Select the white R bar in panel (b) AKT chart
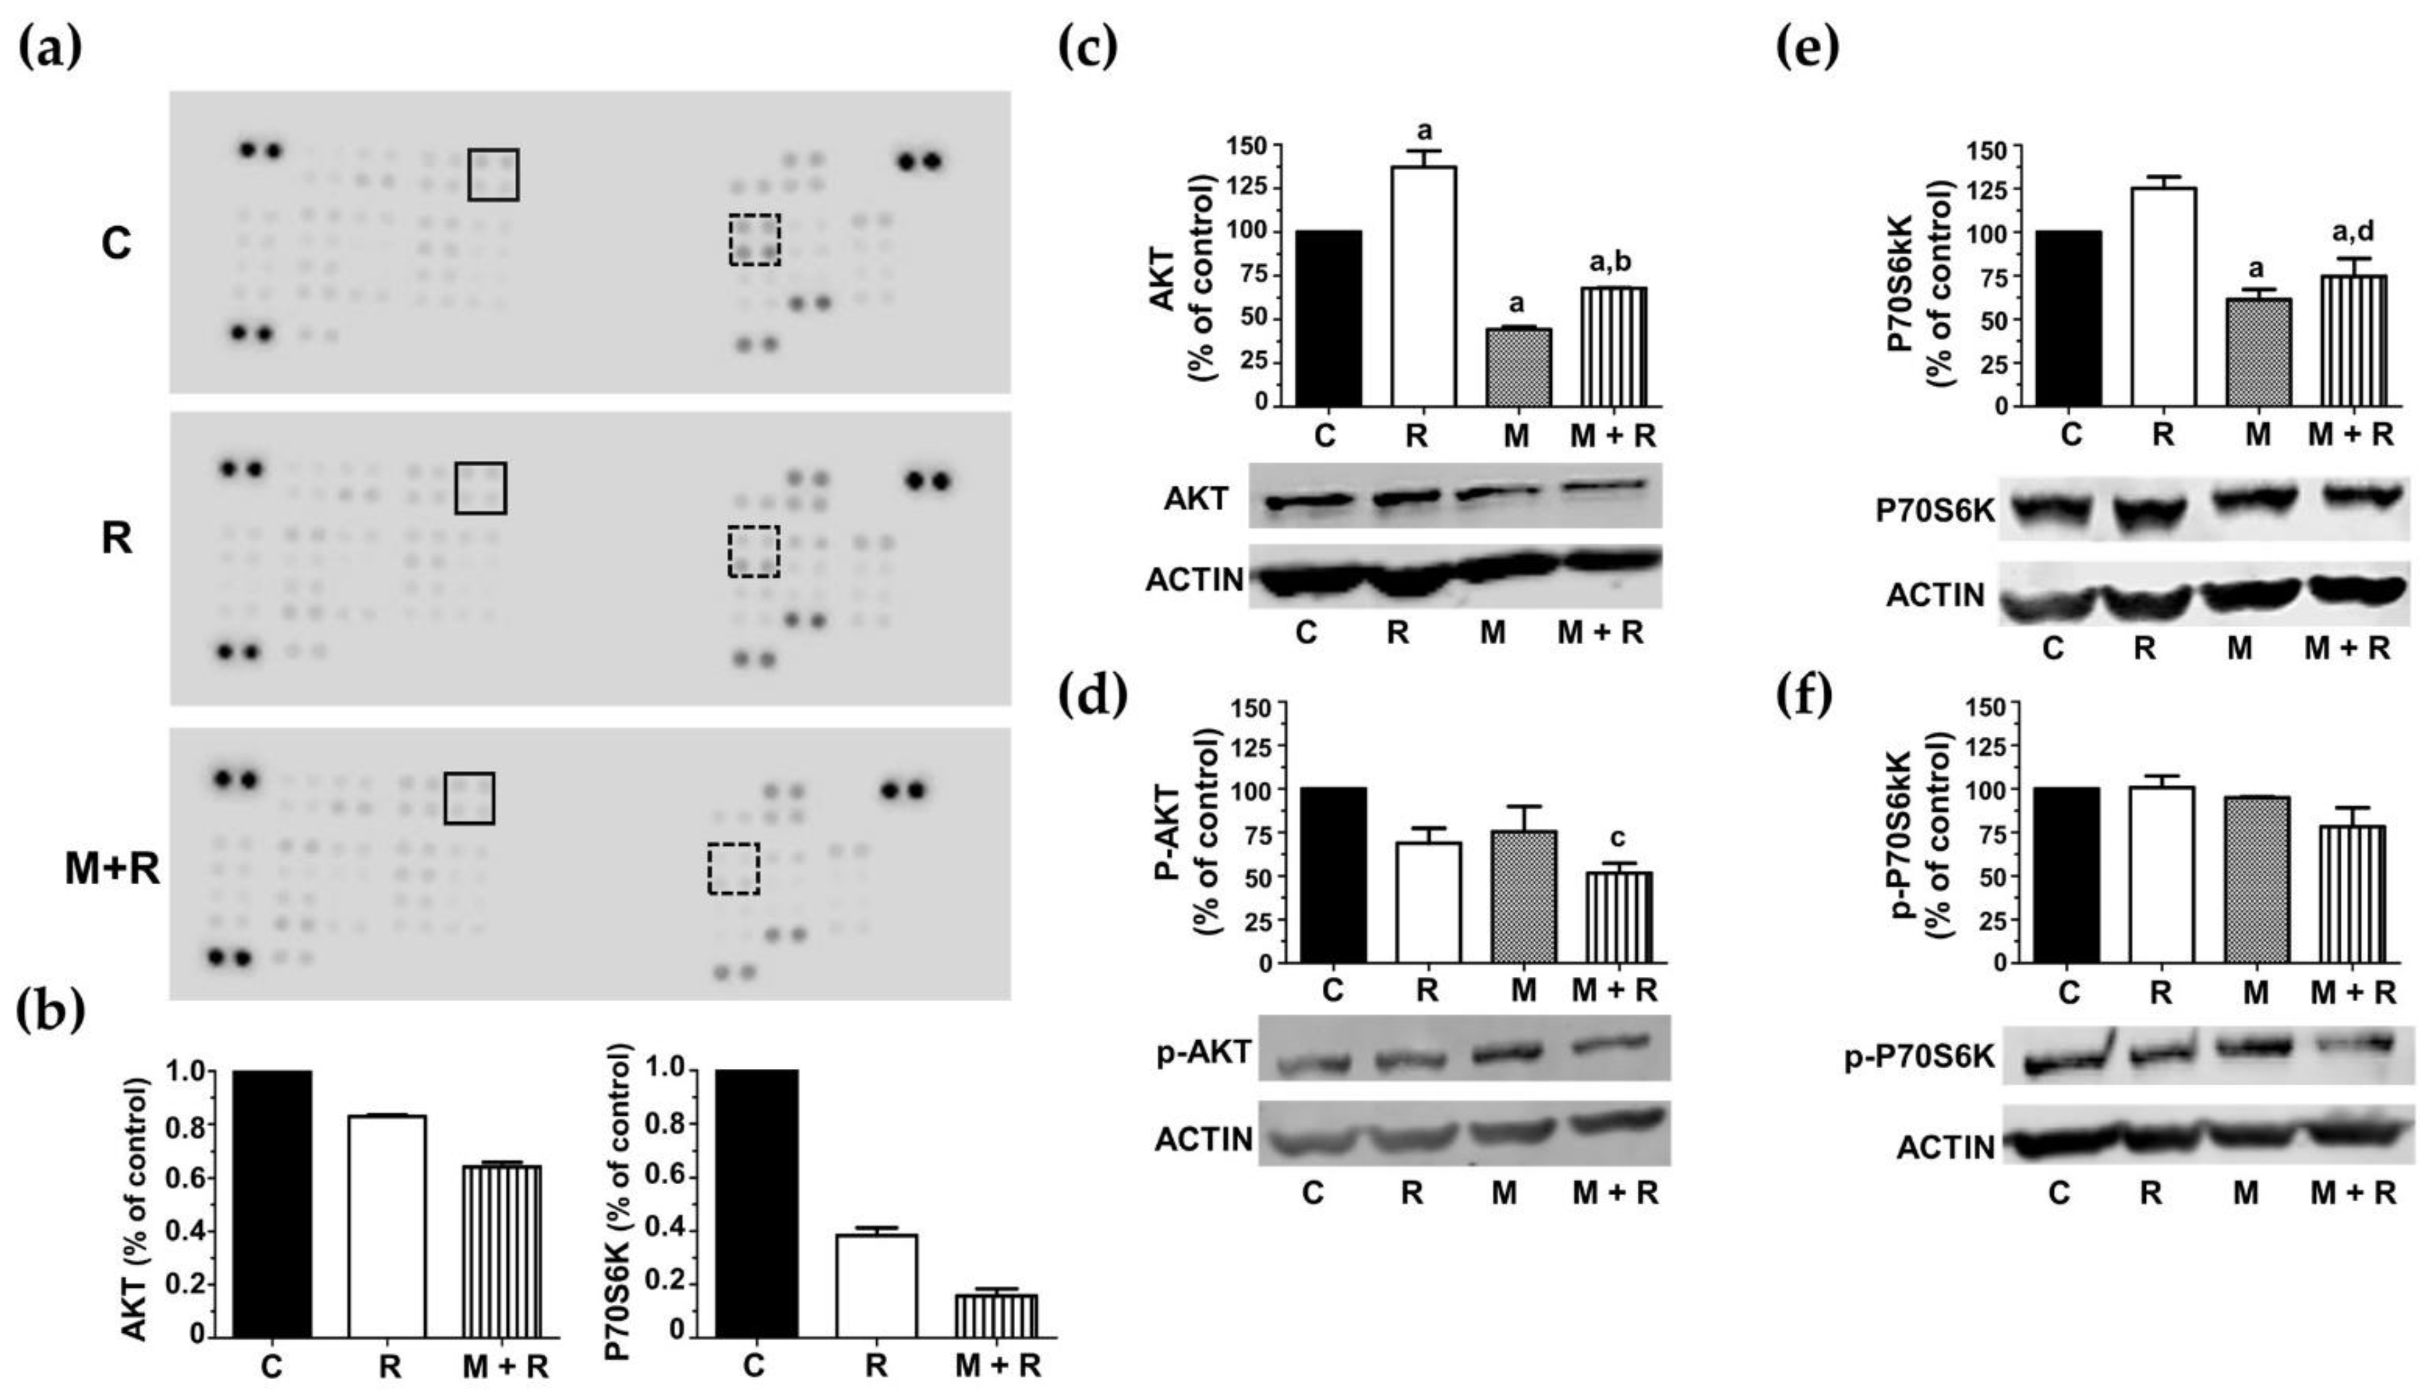pyautogui.click(x=387, y=1225)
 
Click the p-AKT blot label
pyautogui.click(x=1203, y=1053)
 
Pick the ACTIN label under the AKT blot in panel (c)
pyautogui.click(x=1194, y=579)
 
